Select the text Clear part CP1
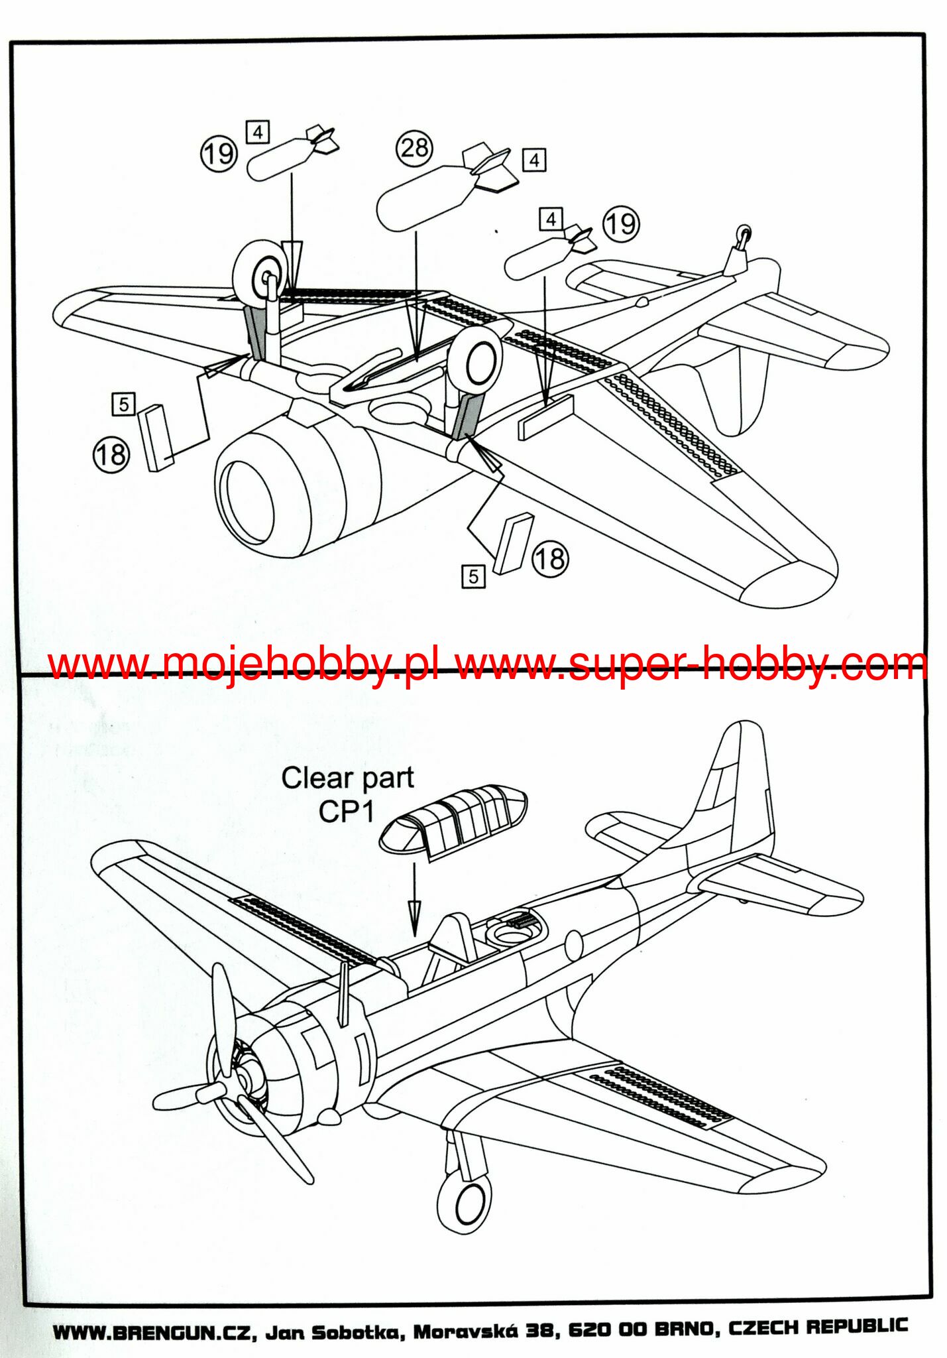(347, 794)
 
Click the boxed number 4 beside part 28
(534, 160)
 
